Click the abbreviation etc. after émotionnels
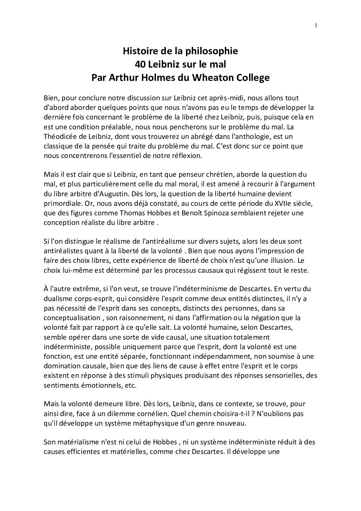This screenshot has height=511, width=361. [130, 385]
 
